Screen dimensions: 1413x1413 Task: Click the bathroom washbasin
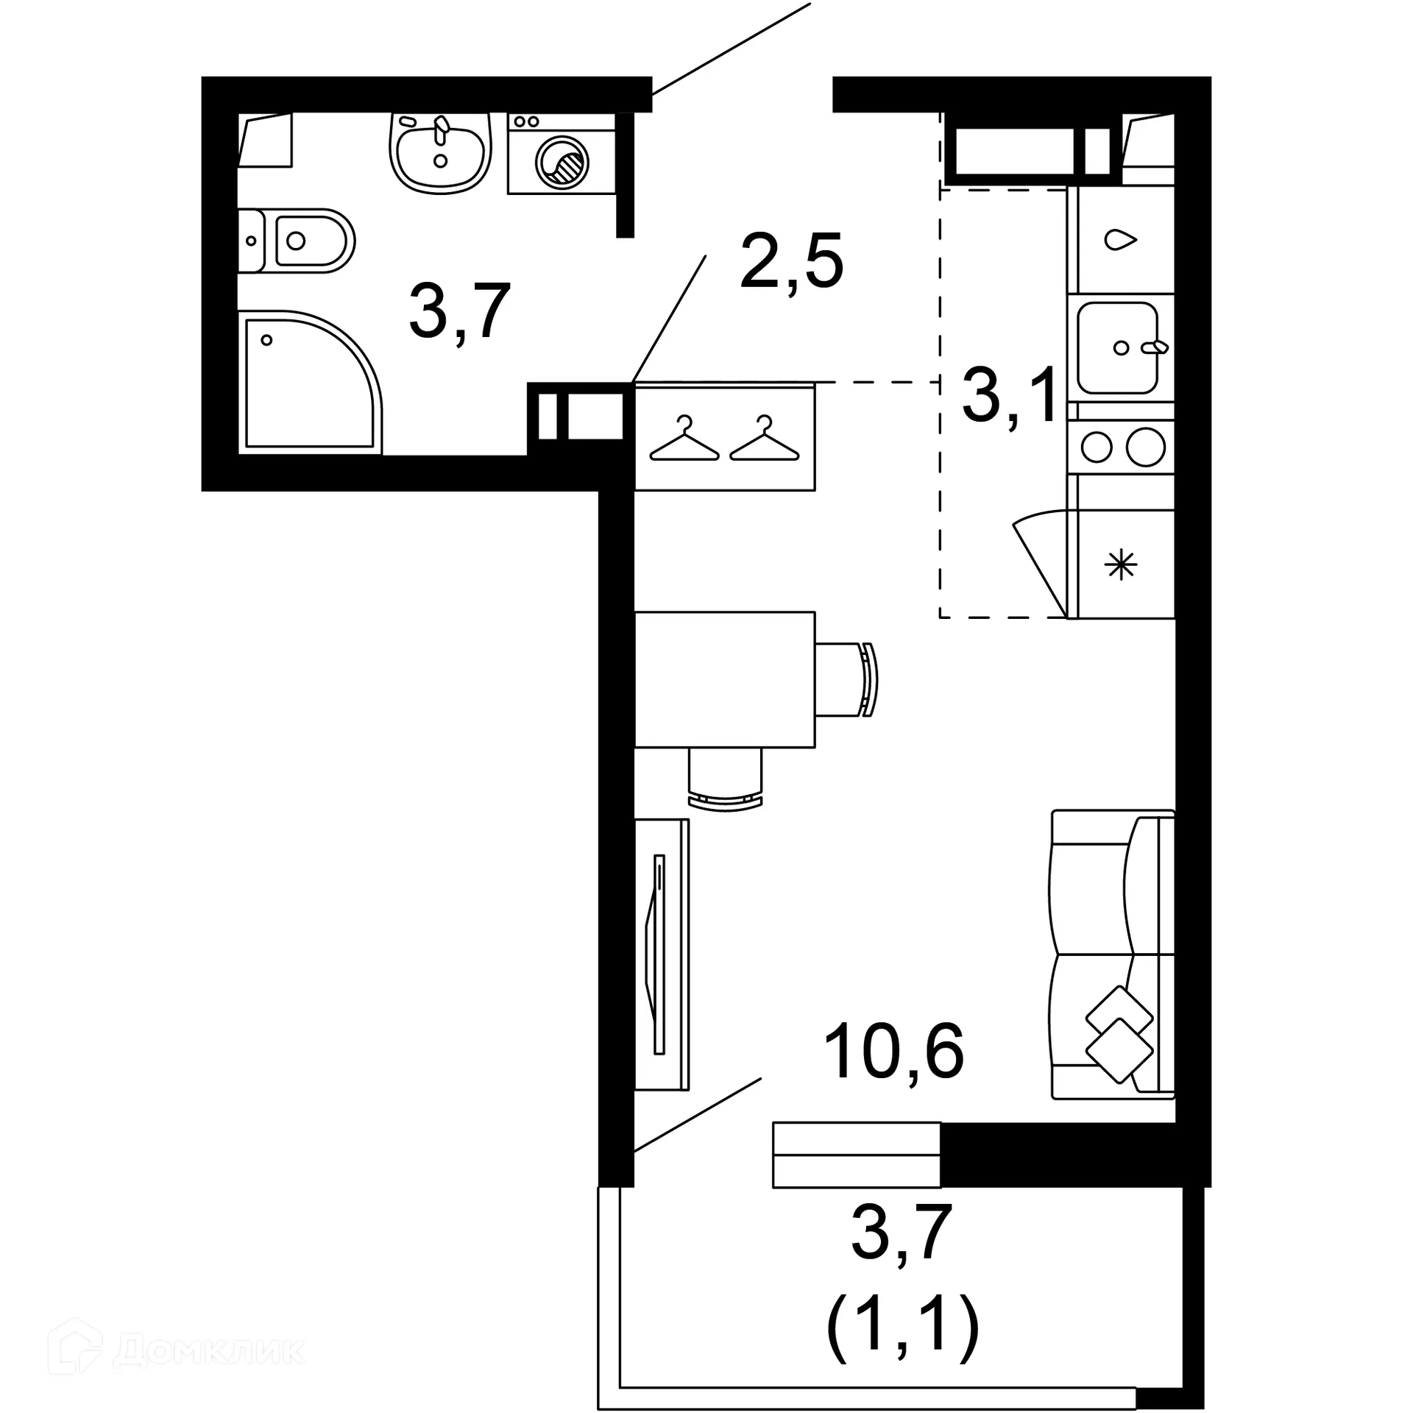tap(439, 153)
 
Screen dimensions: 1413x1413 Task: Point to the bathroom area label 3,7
tap(460, 312)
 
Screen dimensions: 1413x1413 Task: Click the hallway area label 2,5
tap(792, 262)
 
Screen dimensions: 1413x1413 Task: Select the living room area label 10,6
tap(893, 1053)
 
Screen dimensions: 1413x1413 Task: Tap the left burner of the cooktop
tap(1097, 447)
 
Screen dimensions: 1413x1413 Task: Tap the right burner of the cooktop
tap(1145, 447)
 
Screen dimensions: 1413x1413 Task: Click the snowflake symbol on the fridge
tap(1121, 566)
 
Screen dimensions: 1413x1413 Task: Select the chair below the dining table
tap(726, 780)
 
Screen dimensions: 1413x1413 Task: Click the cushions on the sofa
tap(1119, 1034)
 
